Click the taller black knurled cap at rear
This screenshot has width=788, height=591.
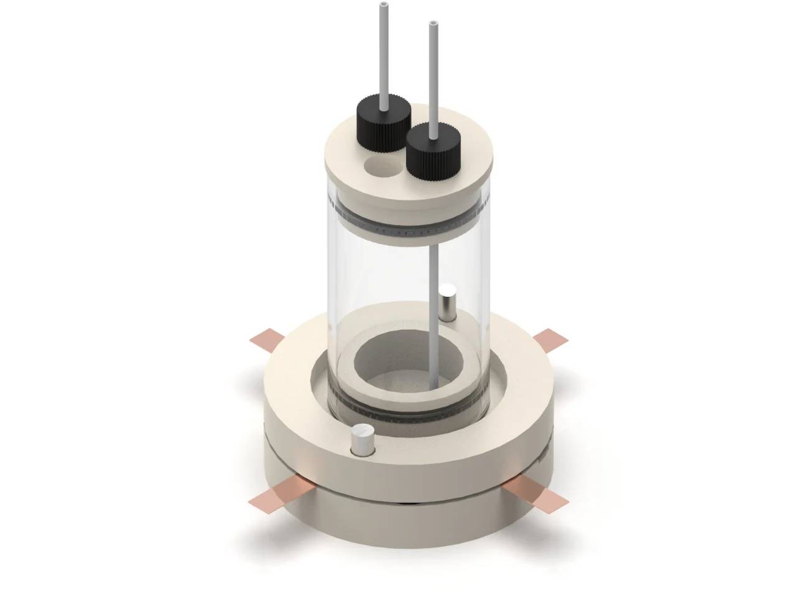click(383, 122)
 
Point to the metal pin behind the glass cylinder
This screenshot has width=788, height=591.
click(447, 302)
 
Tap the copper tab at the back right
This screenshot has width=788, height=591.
click(550, 338)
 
